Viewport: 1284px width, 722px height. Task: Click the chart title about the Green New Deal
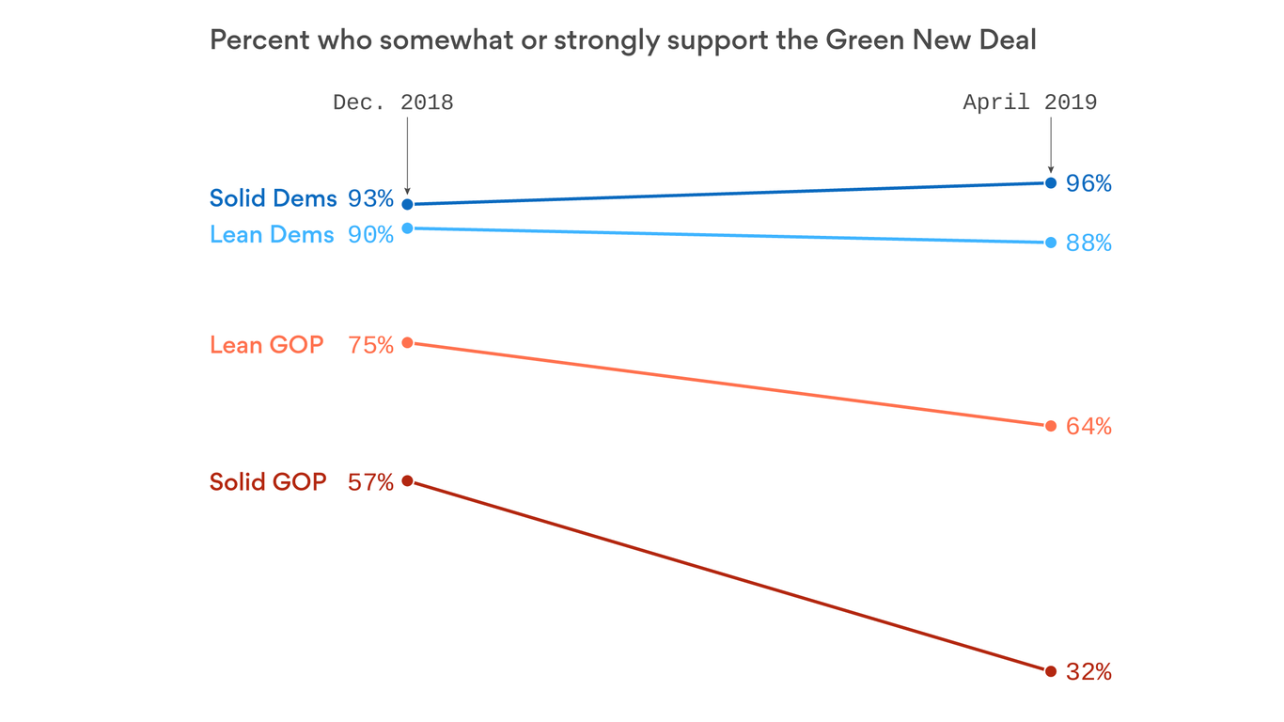[622, 40]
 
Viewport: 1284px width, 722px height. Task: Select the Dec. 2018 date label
[393, 102]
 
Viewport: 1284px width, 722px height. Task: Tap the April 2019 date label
[1029, 102]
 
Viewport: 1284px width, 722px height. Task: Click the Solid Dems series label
[273, 198]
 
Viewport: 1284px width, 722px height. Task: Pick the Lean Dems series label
[272, 234]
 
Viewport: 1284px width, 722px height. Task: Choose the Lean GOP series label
[266, 345]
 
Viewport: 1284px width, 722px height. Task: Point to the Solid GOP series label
[268, 482]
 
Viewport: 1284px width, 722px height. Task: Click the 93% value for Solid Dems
[370, 199]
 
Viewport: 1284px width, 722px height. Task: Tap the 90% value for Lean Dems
[370, 234]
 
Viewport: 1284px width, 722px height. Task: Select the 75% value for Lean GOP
[370, 345]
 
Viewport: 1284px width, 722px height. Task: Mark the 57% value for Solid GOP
[370, 482]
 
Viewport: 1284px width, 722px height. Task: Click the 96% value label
[1088, 183]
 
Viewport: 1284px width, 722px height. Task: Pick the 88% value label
[1088, 243]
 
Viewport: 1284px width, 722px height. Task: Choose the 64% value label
[1088, 427]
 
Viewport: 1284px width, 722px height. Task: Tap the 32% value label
[1088, 672]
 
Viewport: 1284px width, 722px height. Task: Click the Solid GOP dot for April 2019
[1050, 671]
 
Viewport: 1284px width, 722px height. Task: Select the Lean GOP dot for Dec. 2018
[407, 342]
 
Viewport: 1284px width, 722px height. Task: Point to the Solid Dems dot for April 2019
[1050, 182]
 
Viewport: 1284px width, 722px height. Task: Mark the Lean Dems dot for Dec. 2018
[407, 228]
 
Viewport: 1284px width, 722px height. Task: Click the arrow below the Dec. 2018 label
[407, 155]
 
